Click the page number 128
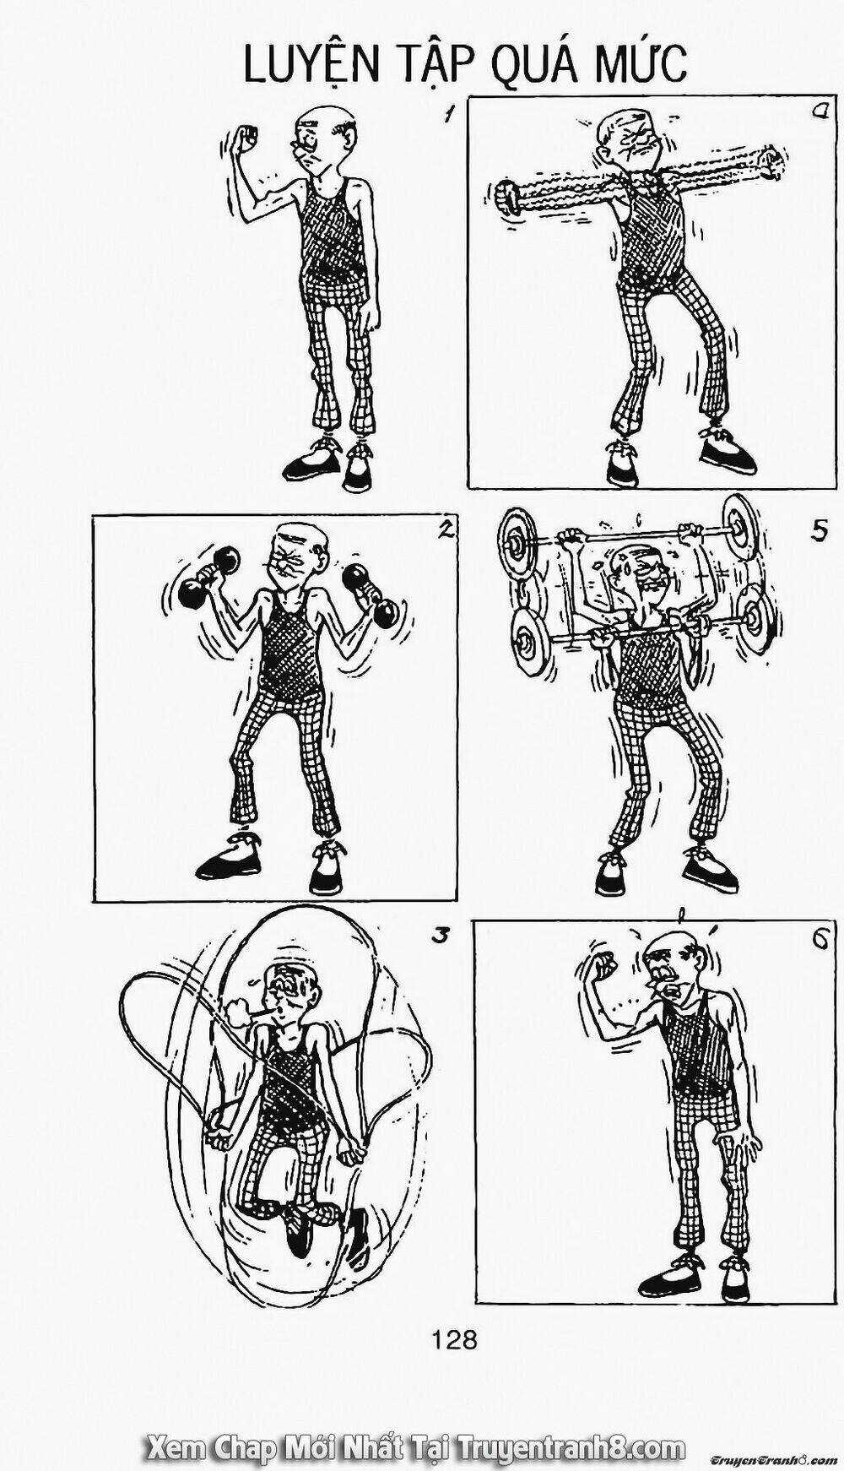tap(454, 1338)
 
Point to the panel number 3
tap(436, 936)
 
